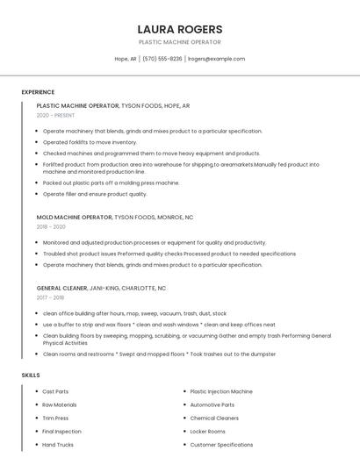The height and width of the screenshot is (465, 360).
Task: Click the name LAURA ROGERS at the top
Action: (x=180, y=29)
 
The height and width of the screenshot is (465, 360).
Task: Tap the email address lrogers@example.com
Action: (x=216, y=59)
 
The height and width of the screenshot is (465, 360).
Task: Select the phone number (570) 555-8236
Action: (x=162, y=59)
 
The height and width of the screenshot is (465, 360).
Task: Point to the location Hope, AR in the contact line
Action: (x=126, y=59)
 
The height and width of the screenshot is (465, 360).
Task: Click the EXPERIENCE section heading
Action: (x=38, y=92)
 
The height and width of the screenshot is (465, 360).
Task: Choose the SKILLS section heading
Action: (x=31, y=375)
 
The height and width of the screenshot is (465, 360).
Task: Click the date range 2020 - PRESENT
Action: (x=55, y=115)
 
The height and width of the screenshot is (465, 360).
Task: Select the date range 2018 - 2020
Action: (x=51, y=226)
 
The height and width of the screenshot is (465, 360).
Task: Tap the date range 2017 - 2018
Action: (x=50, y=297)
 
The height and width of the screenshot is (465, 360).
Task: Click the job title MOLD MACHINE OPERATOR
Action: (x=74, y=217)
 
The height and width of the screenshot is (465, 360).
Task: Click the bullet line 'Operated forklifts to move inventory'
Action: (x=90, y=142)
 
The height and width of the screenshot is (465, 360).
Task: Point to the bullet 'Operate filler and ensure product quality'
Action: (x=95, y=194)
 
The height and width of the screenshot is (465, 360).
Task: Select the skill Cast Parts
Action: (x=55, y=391)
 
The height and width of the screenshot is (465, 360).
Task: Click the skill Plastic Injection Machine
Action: (x=221, y=391)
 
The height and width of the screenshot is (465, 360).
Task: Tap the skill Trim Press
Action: (x=55, y=418)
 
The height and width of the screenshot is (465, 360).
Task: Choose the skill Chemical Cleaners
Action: (x=214, y=418)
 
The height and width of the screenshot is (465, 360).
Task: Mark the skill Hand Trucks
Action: (x=58, y=445)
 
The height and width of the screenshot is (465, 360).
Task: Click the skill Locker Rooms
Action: (x=207, y=432)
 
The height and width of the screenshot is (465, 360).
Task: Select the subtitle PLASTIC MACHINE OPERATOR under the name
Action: (x=180, y=42)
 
